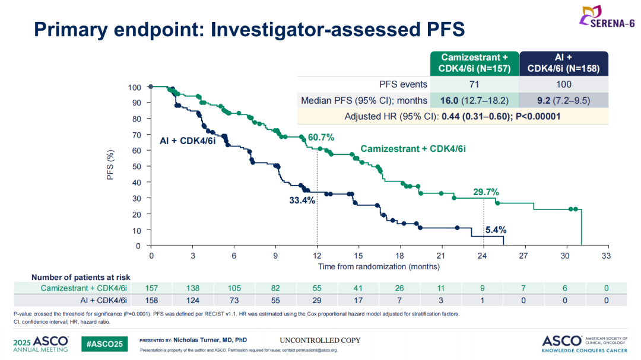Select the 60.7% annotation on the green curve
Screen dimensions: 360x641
pyautogui.click(x=320, y=138)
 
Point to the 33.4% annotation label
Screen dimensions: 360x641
pyautogui.click(x=302, y=201)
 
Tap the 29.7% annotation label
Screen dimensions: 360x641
pyautogui.click(x=485, y=192)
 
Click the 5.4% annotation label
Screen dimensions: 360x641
pyautogui.click(x=496, y=230)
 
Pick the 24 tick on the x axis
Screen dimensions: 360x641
pyautogui.click(x=484, y=256)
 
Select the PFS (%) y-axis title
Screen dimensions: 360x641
pyautogui.click(x=110, y=165)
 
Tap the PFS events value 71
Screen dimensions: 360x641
pyautogui.click(x=475, y=84)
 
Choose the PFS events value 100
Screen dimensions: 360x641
pyautogui.click(x=564, y=84)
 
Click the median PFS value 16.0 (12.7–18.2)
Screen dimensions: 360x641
pyautogui.click(x=475, y=100)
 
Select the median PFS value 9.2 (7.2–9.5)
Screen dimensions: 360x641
pyautogui.click(x=564, y=100)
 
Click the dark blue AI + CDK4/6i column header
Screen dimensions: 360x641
pyautogui.click(x=564, y=63)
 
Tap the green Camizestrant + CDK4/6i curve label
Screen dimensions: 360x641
pyautogui.click(x=413, y=149)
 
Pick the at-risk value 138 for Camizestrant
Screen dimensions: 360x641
pyautogui.click(x=193, y=288)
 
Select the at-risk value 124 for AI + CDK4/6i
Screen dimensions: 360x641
pyautogui.click(x=193, y=300)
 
